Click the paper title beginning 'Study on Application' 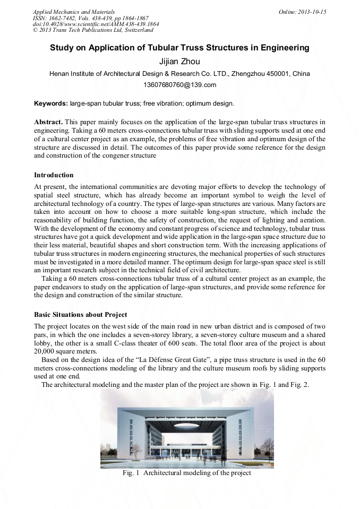179,48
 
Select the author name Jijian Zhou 179,62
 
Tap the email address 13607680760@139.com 179,85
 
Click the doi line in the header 96,24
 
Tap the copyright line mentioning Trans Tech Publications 93,30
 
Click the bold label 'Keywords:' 51,103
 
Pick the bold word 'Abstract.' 49,122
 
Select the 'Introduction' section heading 54,175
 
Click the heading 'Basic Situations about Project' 81,314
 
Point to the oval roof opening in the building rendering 187,426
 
